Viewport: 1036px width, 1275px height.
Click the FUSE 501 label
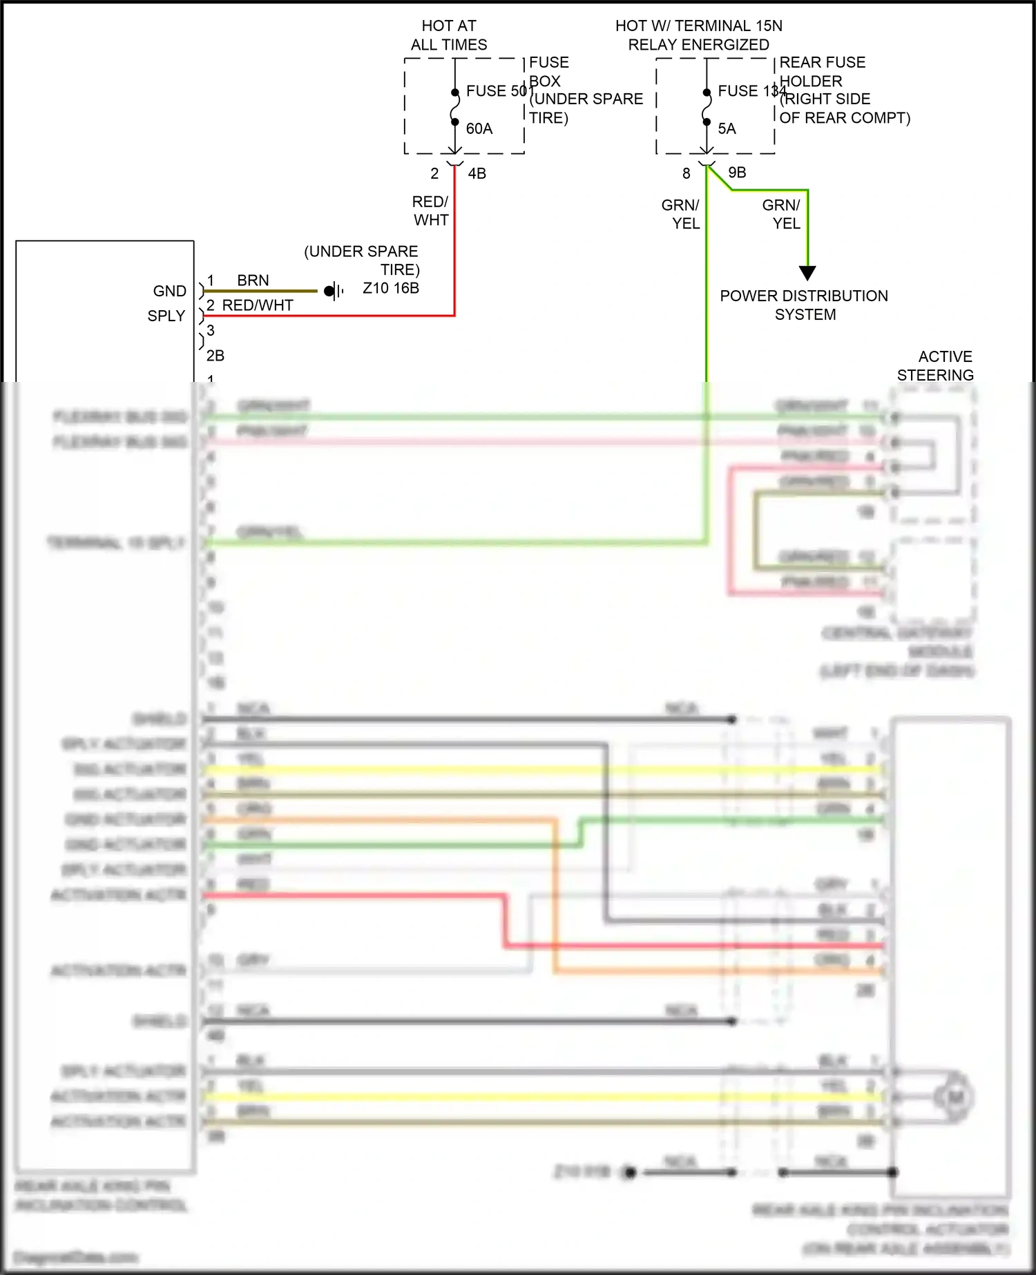coord(495,91)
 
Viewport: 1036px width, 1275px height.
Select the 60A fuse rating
coord(479,128)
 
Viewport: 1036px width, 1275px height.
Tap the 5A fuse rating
coord(727,128)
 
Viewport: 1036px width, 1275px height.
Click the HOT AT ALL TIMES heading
coord(449,35)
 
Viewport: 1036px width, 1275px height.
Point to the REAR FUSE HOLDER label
coord(822,71)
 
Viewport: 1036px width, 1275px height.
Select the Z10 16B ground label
coord(391,288)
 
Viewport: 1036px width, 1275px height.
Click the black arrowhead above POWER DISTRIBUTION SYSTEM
coord(807,273)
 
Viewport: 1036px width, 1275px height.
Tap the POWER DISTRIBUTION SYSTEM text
coord(804,305)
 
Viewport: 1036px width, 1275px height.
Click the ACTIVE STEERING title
coord(936,365)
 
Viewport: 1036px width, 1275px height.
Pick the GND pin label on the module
coord(169,291)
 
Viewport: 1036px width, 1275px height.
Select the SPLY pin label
coord(166,316)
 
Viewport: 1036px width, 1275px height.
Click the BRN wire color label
coord(253,280)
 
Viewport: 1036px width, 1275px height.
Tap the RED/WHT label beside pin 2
coord(258,305)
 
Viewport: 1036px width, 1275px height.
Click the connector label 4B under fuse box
coord(477,173)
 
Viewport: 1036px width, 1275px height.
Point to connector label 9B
coord(737,173)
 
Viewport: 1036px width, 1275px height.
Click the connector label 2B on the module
coord(215,356)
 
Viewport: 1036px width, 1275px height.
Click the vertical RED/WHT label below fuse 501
coord(430,211)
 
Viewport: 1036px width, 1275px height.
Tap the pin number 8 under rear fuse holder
coord(686,173)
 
